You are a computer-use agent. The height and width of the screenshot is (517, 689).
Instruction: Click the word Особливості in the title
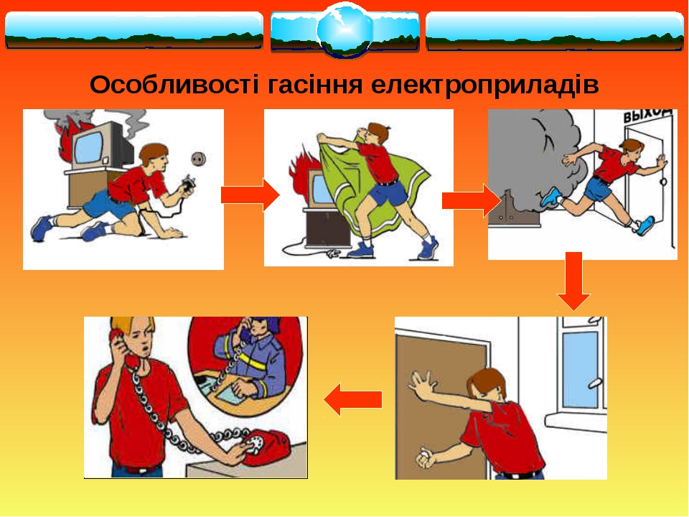click(x=174, y=84)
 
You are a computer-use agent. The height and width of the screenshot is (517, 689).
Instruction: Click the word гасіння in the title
click(x=315, y=84)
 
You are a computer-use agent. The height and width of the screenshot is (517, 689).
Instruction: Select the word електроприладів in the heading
click(x=484, y=84)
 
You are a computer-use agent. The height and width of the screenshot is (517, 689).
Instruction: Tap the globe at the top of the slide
click(x=345, y=30)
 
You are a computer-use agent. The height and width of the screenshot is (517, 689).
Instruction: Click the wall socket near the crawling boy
click(x=198, y=159)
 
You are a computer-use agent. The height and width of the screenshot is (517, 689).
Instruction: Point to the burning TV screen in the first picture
click(x=89, y=146)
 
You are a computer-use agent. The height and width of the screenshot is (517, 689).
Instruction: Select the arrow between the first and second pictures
click(x=250, y=195)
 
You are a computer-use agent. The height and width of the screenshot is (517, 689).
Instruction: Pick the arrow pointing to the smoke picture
click(x=472, y=200)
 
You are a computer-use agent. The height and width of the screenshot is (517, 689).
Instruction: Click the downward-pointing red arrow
click(x=573, y=281)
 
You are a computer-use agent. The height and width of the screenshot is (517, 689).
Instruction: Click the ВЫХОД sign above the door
click(x=648, y=115)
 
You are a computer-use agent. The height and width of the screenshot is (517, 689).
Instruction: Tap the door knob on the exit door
click(x=663, y=181)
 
